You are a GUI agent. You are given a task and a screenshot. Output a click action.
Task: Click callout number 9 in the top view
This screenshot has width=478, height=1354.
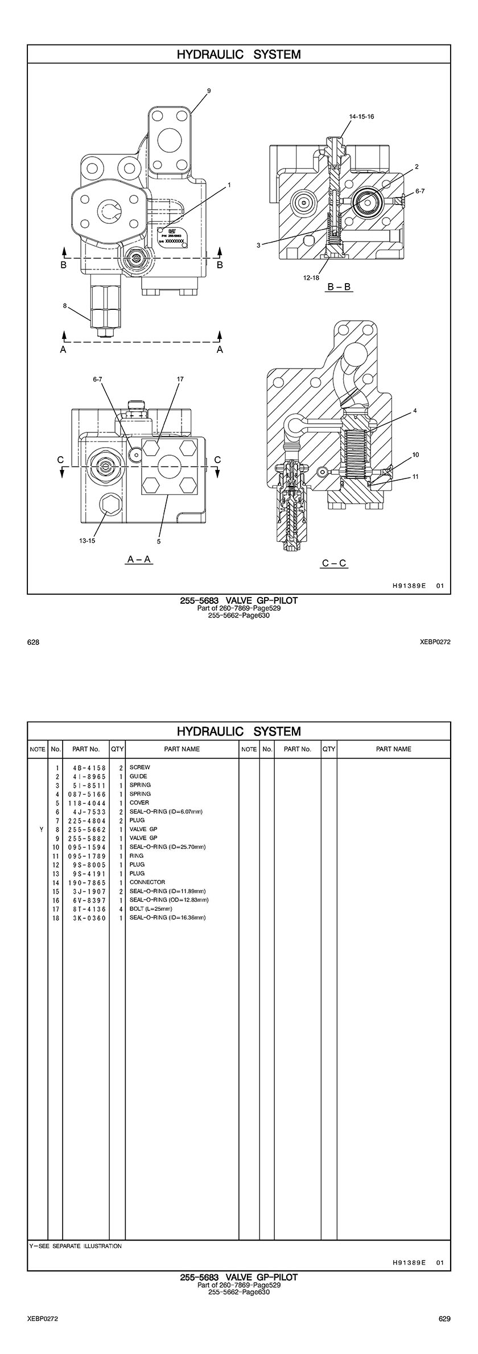(x=209, y=91)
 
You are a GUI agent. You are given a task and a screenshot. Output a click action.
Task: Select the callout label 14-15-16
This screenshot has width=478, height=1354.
(x=362, y=116)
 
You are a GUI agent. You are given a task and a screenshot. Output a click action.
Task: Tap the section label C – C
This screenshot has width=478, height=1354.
(x=334, y=563)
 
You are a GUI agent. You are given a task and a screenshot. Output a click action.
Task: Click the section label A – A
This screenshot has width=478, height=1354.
(x=139, y=559)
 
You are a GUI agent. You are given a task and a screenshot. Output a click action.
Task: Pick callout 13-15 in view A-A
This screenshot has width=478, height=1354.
(x=87, y=541)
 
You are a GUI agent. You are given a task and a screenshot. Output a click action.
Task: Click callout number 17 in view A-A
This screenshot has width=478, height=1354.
(x=180, y=379)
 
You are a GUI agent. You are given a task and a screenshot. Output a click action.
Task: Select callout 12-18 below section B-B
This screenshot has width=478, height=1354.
(x=311, y=278)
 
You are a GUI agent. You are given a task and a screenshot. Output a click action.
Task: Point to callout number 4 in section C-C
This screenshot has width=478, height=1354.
(x=415, y=410)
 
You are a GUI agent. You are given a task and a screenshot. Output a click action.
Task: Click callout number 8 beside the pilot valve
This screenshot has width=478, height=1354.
(x=65, y=306)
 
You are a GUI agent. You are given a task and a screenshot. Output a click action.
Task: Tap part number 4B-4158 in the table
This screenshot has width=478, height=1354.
(x=86, y=767)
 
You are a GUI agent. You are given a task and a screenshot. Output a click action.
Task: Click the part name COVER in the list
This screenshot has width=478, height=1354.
(x=139, y=803)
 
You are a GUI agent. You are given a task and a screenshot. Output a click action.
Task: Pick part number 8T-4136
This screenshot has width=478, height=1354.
(x=86, y=909)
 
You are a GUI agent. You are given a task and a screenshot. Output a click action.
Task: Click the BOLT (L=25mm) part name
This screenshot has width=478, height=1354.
(x=151, y=909)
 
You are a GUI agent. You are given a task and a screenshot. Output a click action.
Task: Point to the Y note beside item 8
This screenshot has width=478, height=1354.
(x=41, y=829)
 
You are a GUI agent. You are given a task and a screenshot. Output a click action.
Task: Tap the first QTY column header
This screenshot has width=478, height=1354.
(x=118, y=749)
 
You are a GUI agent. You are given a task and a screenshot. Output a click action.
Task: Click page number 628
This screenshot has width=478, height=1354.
(x=33, y=642)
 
